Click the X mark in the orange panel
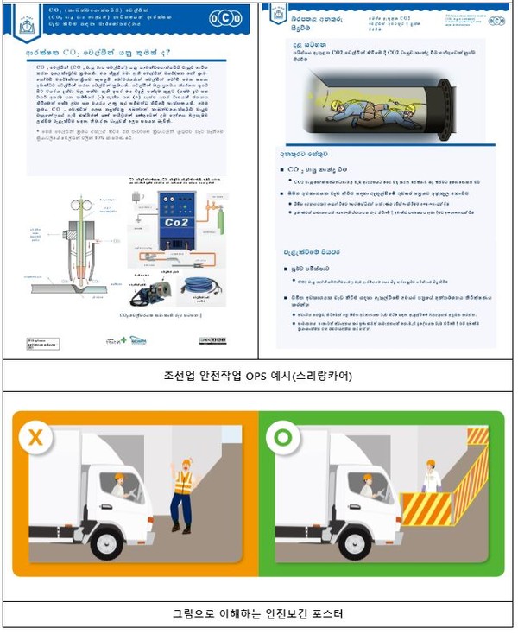pyautogui.click(x=36, y=438)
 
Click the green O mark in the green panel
pyautogui.click(x=283, y=438)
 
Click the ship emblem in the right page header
pyautogui.click(x=278, y=15)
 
